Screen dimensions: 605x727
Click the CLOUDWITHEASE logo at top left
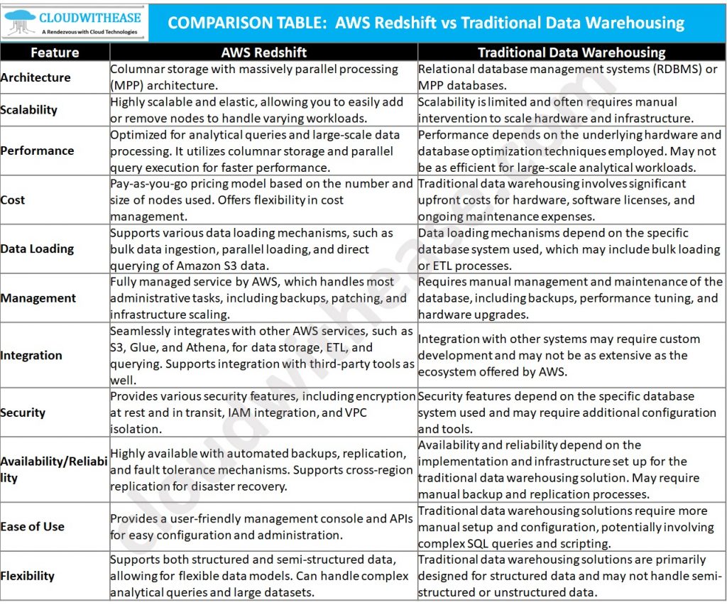point(75,22)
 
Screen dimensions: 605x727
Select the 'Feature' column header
point(55,53)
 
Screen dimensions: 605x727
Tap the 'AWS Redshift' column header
point(263,53)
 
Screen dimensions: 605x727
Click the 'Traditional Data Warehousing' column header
point(572,53)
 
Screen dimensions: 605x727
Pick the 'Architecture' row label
point(35,77)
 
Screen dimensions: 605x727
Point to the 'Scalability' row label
point(29,110)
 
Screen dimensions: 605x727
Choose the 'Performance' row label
point(37,151)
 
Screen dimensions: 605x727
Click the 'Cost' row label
point(13,200)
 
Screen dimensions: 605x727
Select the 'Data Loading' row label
point(37,249)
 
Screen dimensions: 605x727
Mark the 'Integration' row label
point(31,355)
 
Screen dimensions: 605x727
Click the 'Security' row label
point(23,413)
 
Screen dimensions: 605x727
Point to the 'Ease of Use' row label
point(33,526)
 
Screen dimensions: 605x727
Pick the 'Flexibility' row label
point(28,576)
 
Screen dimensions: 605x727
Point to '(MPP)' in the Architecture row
point(126,86)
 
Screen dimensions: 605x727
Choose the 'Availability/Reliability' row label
point(54,469)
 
